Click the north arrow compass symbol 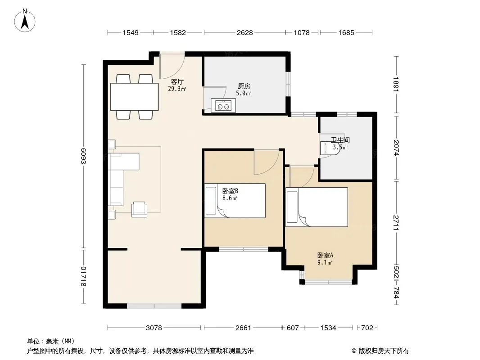pyautogui.click(x=25, y=20)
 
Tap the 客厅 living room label pyautogui.click(x=177, y=81)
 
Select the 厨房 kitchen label pyautogui.click(x=244, y=86)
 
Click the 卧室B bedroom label pyautogui.click(x=230, y=191)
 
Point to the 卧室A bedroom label pyautogui.click(x=325, y=255)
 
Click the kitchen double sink pyautogui.click(x=223, y=105)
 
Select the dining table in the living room pyautogui.click(x=134, y=96)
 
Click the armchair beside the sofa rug pyautogui.click(x=139, y=210)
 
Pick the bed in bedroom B pyautogui.click(x=235, y=201)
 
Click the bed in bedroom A pyautogui.click(x=317, y=207)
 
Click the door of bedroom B pyautogui.click(x=266, y=162)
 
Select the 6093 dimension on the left pyautogui.click(x=84, y=156)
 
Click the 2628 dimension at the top pyautogui.click(x=245, y=32)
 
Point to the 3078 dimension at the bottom pyautogui.click(x=154, y=328)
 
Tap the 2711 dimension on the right pyautogui.click(x=396, y=223)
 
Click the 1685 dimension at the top pyautogui.click(x=346, y=32)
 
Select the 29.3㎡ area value pyautogui.click(x=177, y=89)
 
